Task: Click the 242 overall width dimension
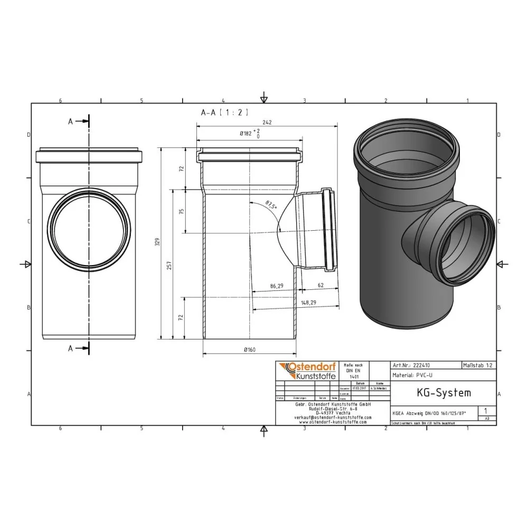pyautogui.click(x=267, y=122)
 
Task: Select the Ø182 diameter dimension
pyautogui.click(x=247, y=134)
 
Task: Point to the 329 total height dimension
pyautogui.click(x=157, y=242)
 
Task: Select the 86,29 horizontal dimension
pyautogui.click(x=276, y=286)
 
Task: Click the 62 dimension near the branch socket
pyautogui.click(x=320, y=286)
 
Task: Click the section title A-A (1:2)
pyautogui.click(x=224, y=112)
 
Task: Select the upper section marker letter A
pyautogui.click(x=70, y=121)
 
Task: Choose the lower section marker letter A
pyautogui.click(x=70, y=348)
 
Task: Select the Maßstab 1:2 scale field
pyautogui.click(x=478, y=365)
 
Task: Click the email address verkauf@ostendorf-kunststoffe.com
pyautogui.click(x=332, y=417)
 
